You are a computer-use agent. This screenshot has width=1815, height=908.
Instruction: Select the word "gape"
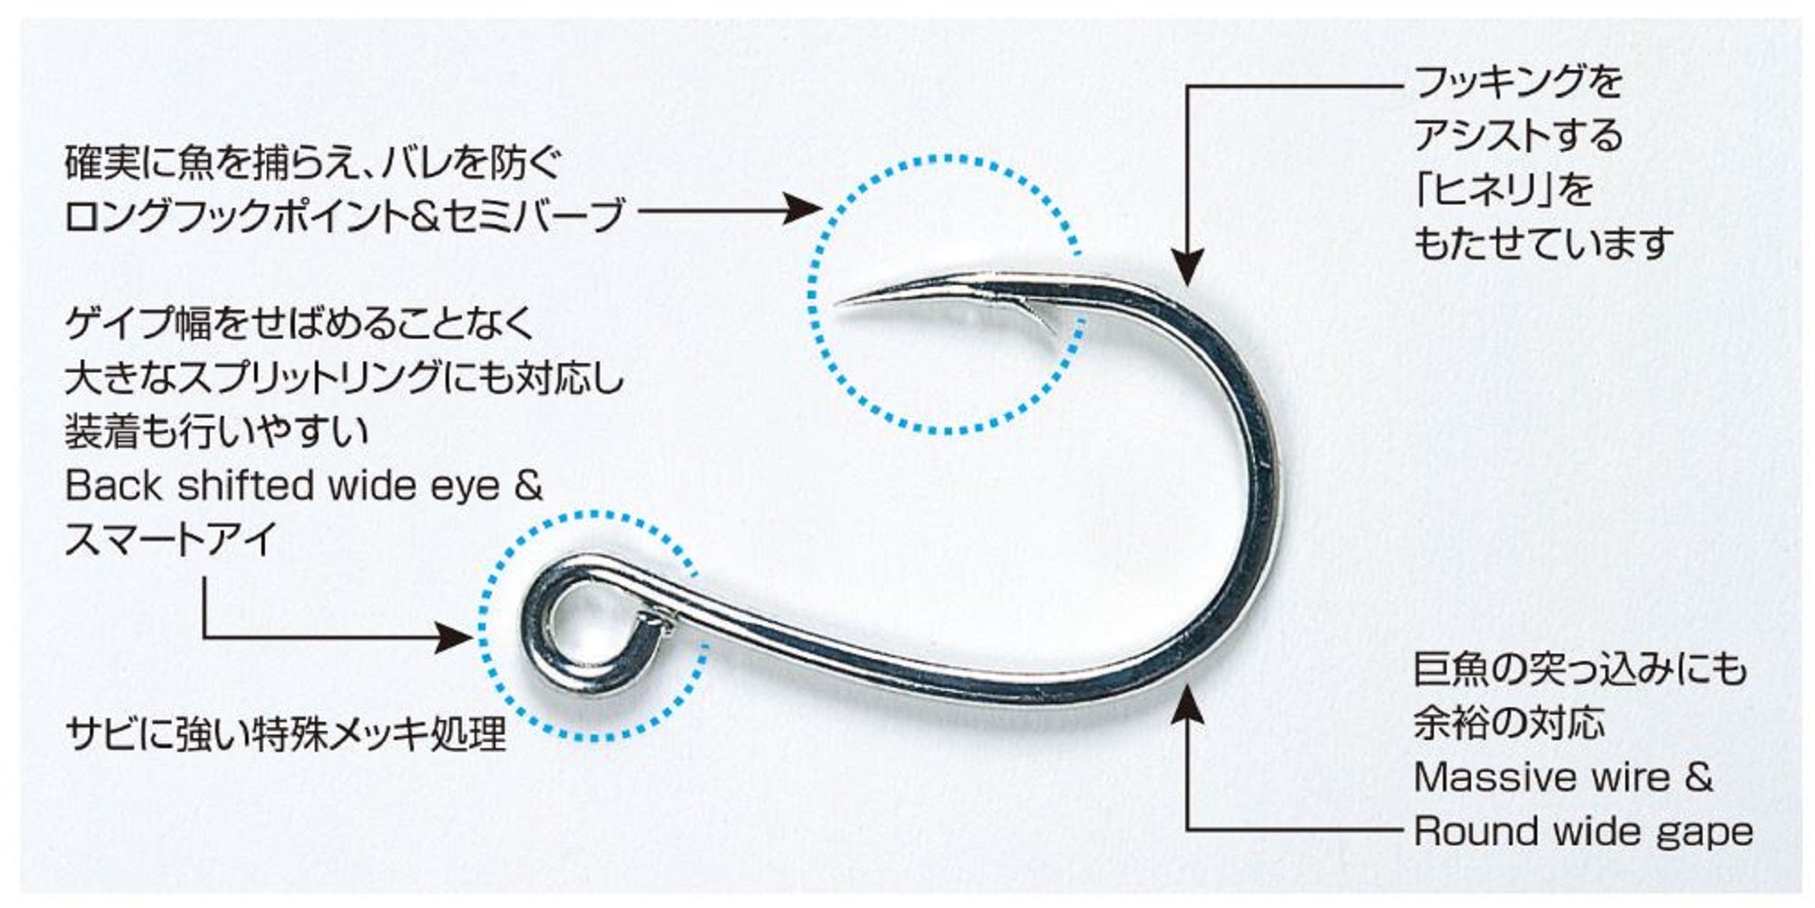click(x=1705, y=833)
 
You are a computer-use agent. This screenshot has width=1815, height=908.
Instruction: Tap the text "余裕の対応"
click(x=1509, y=724)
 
